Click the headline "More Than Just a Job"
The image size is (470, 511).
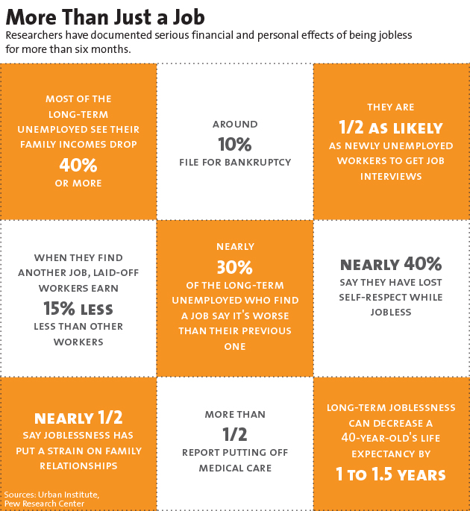point(105,16)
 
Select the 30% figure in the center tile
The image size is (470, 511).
point(235,267)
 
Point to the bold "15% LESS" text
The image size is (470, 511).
point(78,308)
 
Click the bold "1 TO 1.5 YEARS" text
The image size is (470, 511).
point(391,474)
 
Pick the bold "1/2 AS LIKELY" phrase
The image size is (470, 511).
point(391,127)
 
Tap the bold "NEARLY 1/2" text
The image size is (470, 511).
point(78,418)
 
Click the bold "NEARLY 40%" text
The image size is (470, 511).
point(391,263)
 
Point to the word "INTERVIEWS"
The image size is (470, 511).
point(391,176)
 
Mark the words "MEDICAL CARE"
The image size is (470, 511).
point(235,468)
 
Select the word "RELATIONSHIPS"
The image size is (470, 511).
point(78,465)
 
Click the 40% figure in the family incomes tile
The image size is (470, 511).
point(78,163)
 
